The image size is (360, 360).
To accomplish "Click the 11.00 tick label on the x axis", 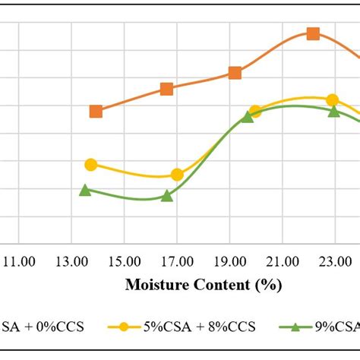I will (20, 262).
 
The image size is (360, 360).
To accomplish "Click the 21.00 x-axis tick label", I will (282, 262).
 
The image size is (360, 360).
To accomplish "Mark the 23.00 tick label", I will (334, 262).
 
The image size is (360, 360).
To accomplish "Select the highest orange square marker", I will (313, 33).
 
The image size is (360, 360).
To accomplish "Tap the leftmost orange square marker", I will (96, 111).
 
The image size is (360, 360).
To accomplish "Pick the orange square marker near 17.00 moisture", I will (166, 89).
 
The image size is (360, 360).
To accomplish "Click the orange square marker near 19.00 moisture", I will (235, 73).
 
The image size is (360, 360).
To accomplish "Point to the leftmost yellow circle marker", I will (91, 164).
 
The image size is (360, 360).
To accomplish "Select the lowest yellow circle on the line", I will (177, 175).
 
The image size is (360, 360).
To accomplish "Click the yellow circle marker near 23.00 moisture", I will (332, 100).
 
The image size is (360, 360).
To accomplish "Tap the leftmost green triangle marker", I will (85, 190).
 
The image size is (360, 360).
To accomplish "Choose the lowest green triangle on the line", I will (167, 196).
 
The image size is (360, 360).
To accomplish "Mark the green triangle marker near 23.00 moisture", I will (333, 111).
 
